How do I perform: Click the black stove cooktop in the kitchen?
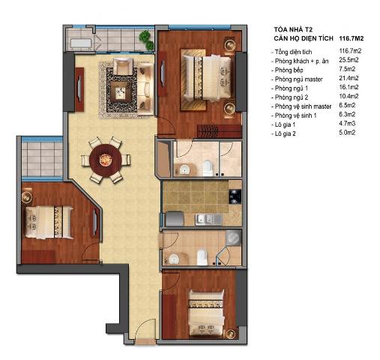click(233, 199)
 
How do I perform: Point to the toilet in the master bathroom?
click(208, 166)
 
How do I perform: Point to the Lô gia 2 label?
click(287, 134)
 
